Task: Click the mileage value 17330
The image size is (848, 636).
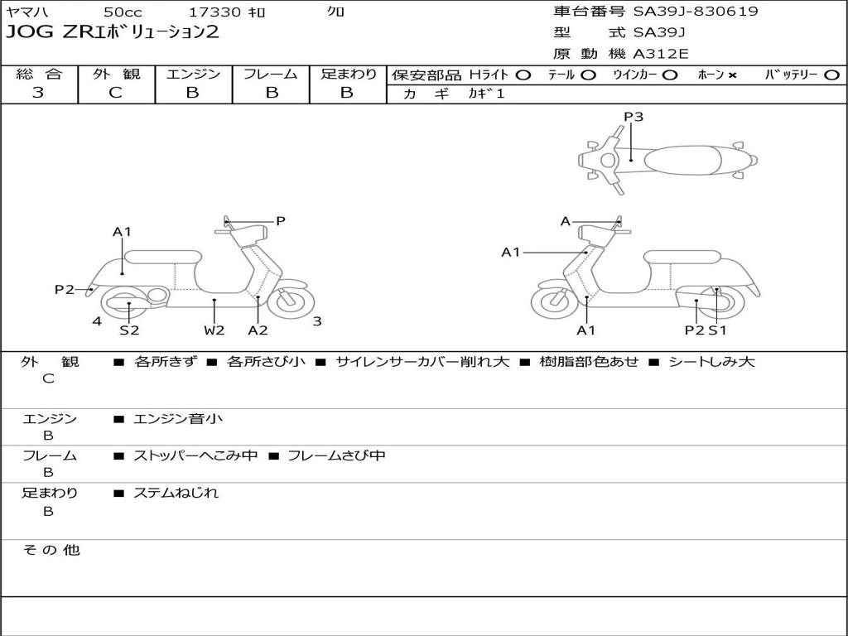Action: click(x=214, y=12)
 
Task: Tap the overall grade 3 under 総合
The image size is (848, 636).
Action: click(x=38, y=93)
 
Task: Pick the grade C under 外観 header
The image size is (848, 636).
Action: click(x=115, y=93)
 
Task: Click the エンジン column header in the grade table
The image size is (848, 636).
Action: click(x=193, y=74)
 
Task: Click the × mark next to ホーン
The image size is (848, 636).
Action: click(x=732, y=75)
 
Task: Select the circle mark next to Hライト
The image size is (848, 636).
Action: click(x=523, y=75)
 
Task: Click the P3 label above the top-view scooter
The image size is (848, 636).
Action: click(x=634, y=117)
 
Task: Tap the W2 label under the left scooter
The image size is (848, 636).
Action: click(x=214, y=330)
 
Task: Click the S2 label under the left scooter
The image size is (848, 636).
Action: click(x=129, y=330)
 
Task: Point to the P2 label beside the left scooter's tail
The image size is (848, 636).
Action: click(x=65, y=289)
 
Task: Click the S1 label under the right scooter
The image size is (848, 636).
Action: click(x=717, y=330)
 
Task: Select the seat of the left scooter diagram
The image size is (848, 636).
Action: click(x=163, y=256)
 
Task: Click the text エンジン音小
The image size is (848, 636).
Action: click(x=178, y=419)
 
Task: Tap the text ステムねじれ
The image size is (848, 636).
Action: click(x=176, y=493)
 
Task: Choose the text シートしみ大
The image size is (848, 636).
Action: click(x=711, y=362)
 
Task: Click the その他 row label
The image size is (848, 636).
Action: click(x=51, y=550)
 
